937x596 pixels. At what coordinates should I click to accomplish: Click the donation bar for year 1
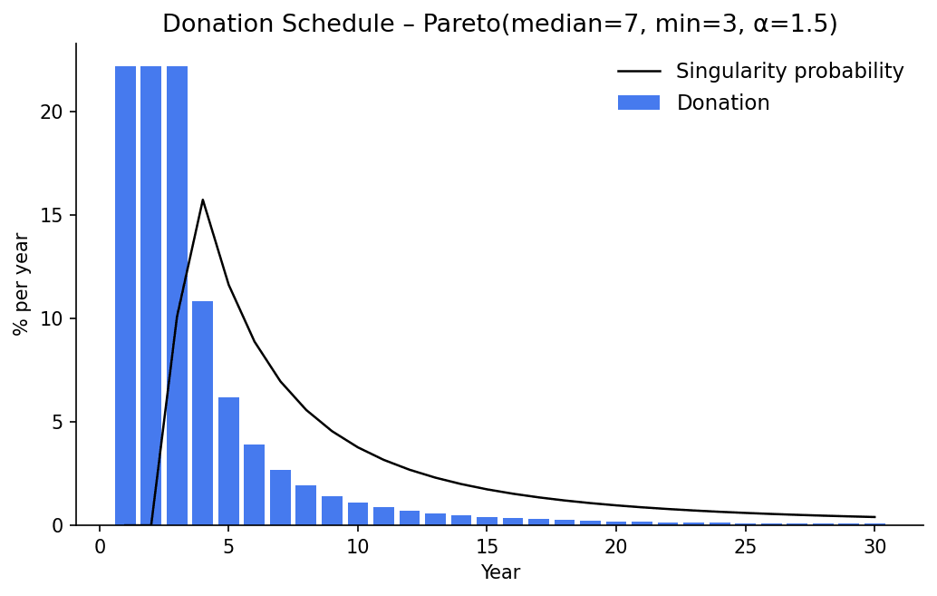125,296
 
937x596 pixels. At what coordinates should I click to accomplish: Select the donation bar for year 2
151,296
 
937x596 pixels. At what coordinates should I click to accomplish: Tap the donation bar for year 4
203,413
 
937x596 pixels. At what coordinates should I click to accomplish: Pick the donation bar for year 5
229,462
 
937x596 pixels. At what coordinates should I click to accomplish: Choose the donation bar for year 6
255,484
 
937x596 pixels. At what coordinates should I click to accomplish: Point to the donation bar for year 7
280,497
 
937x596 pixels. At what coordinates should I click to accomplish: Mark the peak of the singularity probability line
203,200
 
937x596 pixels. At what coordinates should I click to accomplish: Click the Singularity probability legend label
789,71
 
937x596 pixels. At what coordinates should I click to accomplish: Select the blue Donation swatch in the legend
639,103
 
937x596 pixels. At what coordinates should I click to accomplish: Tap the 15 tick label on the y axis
52,215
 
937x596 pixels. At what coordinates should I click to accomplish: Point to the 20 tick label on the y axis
52,112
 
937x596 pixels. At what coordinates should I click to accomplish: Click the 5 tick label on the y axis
57,422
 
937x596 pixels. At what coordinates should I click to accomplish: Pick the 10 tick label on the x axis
358,547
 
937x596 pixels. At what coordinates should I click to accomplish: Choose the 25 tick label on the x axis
745,547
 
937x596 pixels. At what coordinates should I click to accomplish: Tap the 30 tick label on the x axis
874,547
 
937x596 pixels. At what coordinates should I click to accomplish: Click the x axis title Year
500,572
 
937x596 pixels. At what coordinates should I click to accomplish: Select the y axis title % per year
20,284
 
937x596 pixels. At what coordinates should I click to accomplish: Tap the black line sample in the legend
639,71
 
